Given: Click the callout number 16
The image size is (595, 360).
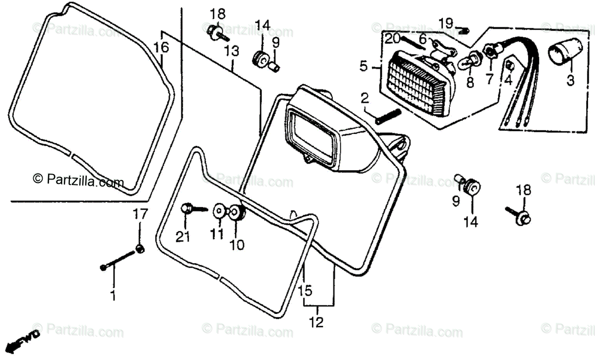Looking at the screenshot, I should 161,48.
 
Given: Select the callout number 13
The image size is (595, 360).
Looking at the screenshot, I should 232,51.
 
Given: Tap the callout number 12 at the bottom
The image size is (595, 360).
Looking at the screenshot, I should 317,322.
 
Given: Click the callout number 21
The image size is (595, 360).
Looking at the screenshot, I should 183,238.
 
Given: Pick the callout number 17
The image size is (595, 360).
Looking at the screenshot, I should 139,215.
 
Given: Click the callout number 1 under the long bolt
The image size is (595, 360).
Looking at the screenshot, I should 113,296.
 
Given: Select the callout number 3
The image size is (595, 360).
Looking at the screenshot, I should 571,80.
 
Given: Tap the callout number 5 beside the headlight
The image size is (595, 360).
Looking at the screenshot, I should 364,65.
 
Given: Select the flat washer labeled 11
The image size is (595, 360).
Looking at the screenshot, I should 218,211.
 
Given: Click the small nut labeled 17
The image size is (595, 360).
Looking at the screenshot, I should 140,249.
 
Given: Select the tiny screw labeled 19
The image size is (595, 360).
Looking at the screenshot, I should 465,31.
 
